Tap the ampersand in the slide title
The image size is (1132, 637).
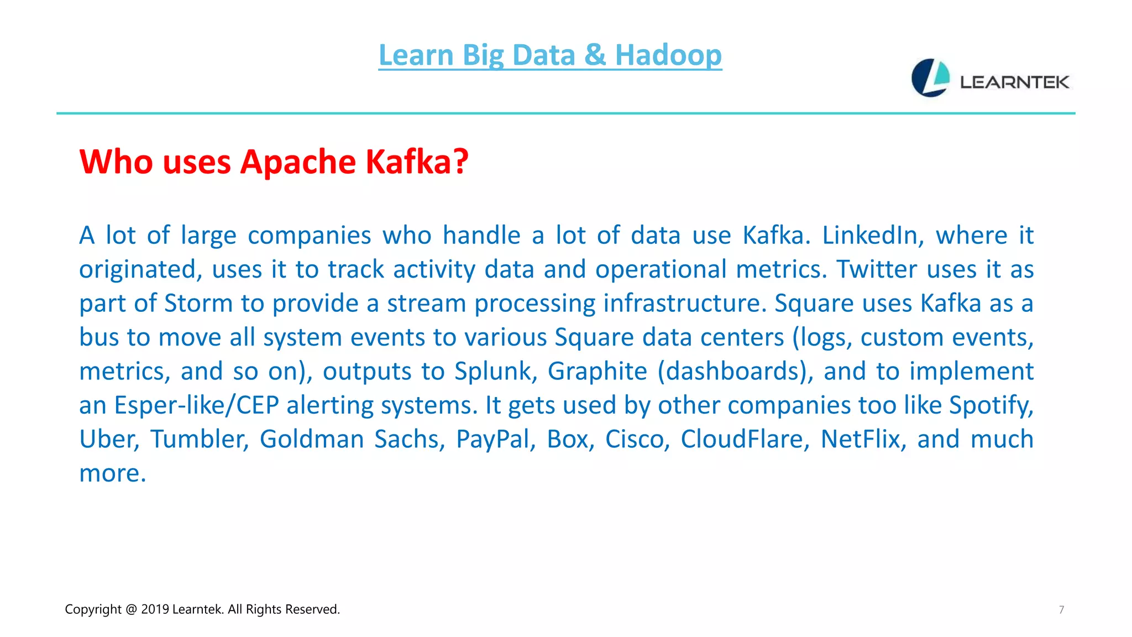tap(595, 55)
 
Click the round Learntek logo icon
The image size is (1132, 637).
tap(930, 78)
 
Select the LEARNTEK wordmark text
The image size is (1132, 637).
tap(1014, 82)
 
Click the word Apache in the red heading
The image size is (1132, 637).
tap(298, 162)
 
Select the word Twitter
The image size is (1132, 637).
tap(877, 269)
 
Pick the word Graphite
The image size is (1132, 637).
tap(597, 371)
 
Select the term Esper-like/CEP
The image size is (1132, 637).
tap(196, 405)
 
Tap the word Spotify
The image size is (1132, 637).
tap(991, 405)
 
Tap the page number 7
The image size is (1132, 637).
tap(1061, 610)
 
